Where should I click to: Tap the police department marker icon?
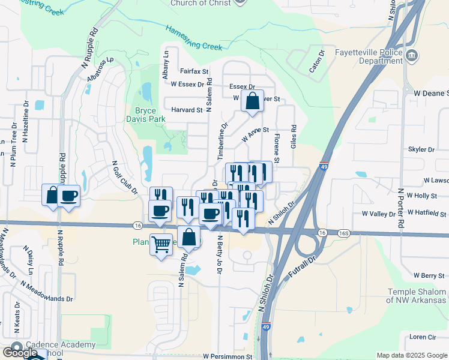point(412,56)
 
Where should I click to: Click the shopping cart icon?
point(160,244)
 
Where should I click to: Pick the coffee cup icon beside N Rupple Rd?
point(69,196)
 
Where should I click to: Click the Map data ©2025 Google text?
point(411,355)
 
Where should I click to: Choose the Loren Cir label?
point(423,337)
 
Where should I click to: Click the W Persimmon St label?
point(227,356)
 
